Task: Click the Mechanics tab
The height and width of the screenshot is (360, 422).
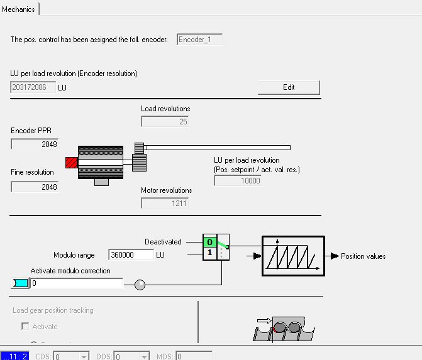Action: pyautogui.click(x=19, y=9)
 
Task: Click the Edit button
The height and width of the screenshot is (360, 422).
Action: pyautogui.click(x=289, y=87)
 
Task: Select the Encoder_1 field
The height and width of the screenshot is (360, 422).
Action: pyautogui.click(x=199, y=40)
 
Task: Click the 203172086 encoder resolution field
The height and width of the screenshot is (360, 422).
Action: pyautogui.click(x=33, y=87)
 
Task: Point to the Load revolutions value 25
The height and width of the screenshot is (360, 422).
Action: pyautogui.click(x=165, y=121)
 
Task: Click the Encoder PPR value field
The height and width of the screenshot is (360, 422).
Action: pyautogui.click(x=35, y=144)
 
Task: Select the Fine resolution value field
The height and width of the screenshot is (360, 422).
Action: pyautogui.click(x=35, y=187)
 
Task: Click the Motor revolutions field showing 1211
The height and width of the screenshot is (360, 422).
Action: pyautogui.click(x=165, y=203)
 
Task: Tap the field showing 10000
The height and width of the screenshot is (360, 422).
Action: pyautogui.click(x=238, y=180)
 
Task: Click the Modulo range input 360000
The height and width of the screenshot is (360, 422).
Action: pyautogui.click(x=131, y=255)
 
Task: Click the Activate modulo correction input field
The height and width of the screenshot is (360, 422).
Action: pyautogui.click(x=76, y=283)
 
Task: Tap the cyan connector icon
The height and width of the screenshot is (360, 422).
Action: pyautogui.click(x=20, y=283)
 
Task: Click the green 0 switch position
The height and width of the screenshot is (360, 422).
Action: pyautogui.click(x=209, y=242)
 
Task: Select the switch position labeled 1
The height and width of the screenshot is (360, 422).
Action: pyautogui.click(x=209, y=253)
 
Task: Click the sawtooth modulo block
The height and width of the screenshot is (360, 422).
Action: pyautogui.click(x=293, y=256)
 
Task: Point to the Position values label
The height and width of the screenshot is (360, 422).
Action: pyautogui.click(x=364, y=256)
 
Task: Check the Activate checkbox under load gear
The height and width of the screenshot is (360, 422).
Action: pyautogui.click(x=25, y=327)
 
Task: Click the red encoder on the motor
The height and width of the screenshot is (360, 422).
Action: pyautogui.click(x=71, y=163)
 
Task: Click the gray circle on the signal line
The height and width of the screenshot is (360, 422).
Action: pyautogui.click(x=140, y=285)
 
